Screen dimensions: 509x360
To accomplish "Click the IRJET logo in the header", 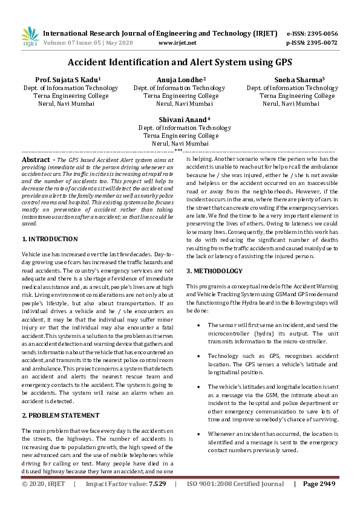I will point(30,37).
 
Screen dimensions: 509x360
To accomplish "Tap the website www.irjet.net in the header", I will point(177,44).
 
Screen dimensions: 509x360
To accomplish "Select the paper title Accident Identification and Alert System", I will point(180,62).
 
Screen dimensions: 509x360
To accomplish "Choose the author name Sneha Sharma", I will point(291,79).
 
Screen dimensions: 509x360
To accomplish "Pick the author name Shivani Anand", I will point(185,119).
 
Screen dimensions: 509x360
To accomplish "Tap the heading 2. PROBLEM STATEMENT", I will point(61,415).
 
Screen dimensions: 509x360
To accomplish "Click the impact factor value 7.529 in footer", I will point(157,484).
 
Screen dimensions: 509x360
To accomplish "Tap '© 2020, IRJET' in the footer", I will point(44,484).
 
